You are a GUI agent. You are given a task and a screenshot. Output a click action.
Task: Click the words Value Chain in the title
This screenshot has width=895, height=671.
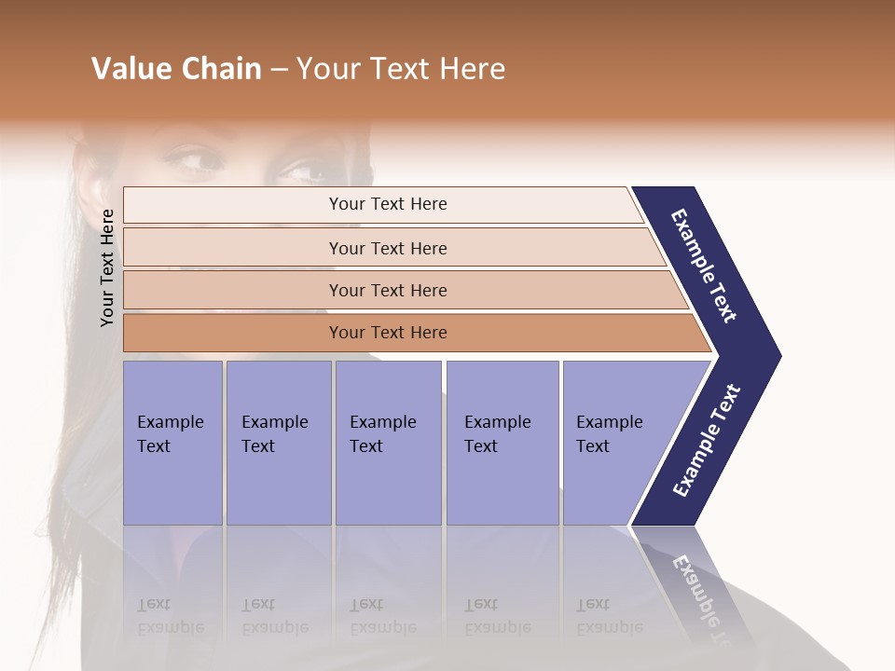[176, 69]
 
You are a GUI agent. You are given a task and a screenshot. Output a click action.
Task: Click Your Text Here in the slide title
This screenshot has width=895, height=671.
[401, 69]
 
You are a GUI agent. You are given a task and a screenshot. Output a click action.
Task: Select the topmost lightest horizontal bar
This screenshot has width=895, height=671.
[387, 204]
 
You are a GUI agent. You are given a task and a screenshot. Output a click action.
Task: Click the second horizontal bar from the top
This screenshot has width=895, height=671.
[387, 248]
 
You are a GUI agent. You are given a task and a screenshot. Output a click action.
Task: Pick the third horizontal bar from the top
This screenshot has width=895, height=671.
[387, 290]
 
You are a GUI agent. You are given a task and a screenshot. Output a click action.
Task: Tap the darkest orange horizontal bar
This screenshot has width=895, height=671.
[387, 333]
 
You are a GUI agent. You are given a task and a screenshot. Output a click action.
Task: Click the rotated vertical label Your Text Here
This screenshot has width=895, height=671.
[107, 267]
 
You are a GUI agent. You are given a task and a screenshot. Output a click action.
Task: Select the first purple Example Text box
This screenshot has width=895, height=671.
[172, 443]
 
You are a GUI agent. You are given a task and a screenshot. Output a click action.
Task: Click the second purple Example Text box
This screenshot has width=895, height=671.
[278, 443]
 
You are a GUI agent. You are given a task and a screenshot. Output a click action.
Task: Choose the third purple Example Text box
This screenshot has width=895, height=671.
[388, 443]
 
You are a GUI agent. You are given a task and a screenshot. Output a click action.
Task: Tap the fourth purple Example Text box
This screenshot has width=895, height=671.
[502, 443]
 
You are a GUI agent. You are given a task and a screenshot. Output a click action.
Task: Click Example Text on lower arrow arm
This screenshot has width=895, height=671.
[707, 440]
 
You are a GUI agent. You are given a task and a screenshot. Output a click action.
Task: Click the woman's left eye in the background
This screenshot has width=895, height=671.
[304, 171]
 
